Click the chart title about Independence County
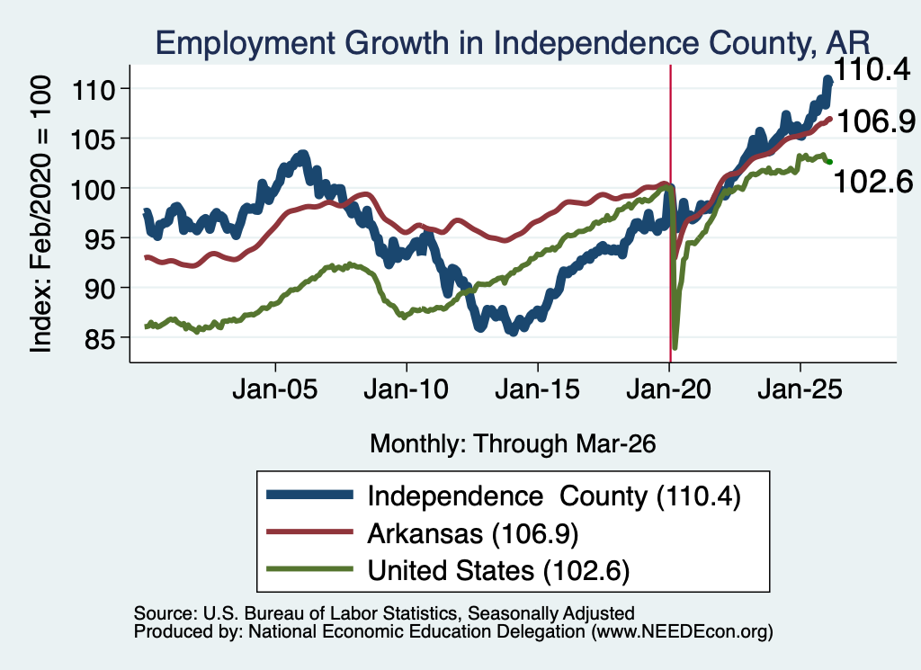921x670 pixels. (x=512, y=43)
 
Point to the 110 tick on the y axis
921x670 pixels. (x=93, y=89)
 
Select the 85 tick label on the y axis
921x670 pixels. (x=99, y=338)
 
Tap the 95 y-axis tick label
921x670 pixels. (x=99, y=238)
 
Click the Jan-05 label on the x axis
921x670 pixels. (x=275, y=389)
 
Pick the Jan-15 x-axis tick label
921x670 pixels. (x=538, y=389)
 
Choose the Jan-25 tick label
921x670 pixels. (x=800, y=389)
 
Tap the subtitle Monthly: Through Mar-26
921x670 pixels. (x=513, y=444)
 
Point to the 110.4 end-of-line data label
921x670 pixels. (x=871, y=70)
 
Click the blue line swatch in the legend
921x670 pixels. (x=309, y=495)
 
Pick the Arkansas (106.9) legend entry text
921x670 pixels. (x=473, y=534)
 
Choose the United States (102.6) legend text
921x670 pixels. (x=498, y=571)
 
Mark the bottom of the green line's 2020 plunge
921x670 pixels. (x=675, y=348)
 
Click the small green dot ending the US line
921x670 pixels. (x=829, y=162)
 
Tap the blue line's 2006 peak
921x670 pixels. (x=303, y=155)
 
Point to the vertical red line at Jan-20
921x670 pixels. (x=670, y=214)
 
